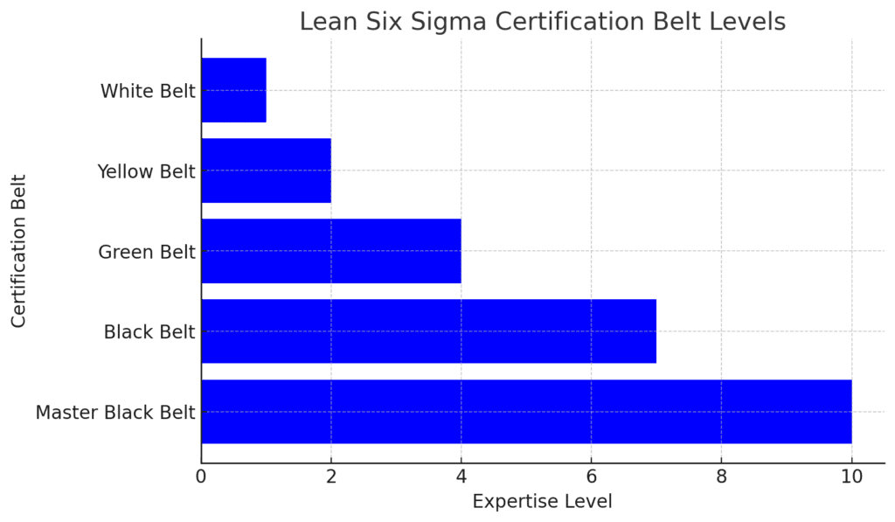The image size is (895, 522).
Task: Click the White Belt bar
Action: pyautogui.click(x=233, y=90)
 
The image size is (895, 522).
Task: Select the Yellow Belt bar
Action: pyautogui.click(x=266, y=171)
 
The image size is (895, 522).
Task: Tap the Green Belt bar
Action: pyautogui.click(x=330, y=251)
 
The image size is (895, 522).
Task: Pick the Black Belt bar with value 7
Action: pyautogui.click(x=428, y=331)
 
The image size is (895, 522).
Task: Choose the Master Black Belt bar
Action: pyautogui.click(x=526, y=412)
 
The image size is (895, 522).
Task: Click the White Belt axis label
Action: pyautogui.click(x=148, y=91)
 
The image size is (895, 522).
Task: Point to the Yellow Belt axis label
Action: pyautogui.click(x=146, y=171)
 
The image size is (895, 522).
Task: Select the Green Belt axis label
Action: pyautogui.click(x=146, y=252)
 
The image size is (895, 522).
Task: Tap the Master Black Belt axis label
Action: pyautogui.click(x=115, y=413)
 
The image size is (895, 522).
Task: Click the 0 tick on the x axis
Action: pyautogui.click(x=201, y=477)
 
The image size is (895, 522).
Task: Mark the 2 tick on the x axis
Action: pyautogui.click(x=331, y=477)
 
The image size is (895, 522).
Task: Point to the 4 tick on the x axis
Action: pyautogui.click(x=461, y=477)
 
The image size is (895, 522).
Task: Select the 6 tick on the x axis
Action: pyautogui.click(x=592, y=477)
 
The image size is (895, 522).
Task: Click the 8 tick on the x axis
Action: pyautogui.click(x=721, y=477)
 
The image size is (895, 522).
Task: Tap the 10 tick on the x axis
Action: pyautogui.click(x=851, y=477)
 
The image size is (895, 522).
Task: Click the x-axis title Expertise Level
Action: pyautogui.click(x=542, y=502)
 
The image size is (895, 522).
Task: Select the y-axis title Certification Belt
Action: pyautogui.click(x=19, y=251)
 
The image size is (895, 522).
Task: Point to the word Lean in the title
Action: pyautogui.click(x=325, y=22)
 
